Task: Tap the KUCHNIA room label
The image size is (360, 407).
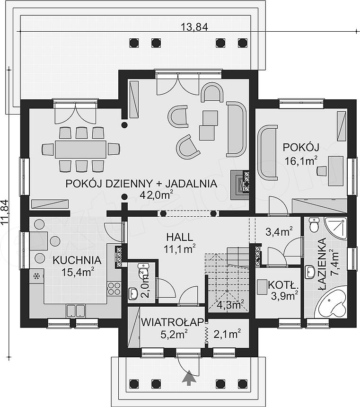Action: pos(77,260)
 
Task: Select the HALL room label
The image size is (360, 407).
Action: pos(180,237)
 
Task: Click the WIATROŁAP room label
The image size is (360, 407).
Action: pos(172,322)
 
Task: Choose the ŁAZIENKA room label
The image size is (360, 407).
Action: pos(322,265)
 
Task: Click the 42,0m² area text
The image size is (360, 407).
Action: pos(156,195)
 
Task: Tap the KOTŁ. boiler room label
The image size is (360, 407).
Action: pos(283,285)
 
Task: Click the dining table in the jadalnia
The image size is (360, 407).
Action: pos(80,149)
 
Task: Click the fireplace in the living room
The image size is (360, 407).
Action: pos(240,185)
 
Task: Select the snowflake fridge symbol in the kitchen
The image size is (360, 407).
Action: pos(36,276)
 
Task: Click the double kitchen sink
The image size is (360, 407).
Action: pos(76,311)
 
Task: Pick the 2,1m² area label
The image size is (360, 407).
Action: pos(227,334)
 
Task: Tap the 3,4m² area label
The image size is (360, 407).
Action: pos(279,231)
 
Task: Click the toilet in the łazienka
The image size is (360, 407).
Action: pos(314,225)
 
